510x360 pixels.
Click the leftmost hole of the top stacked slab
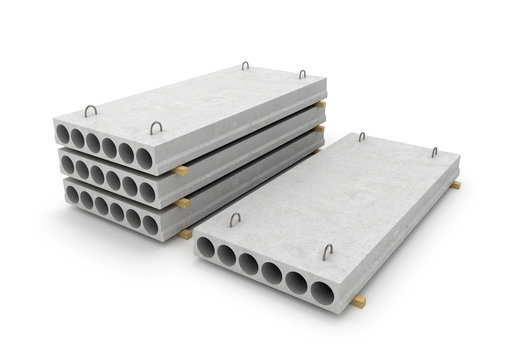click(x=63, y=133)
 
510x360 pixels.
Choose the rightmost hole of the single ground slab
click(x=321, y=294)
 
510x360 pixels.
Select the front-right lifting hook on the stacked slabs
click(x=156, y=127)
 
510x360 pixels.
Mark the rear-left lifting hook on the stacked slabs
click(x=244, y=66)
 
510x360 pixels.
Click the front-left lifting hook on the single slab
click(x=236, y=219)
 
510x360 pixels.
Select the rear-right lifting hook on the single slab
click(x=434, y=152)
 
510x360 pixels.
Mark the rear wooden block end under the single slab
click(x=455, y=185)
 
